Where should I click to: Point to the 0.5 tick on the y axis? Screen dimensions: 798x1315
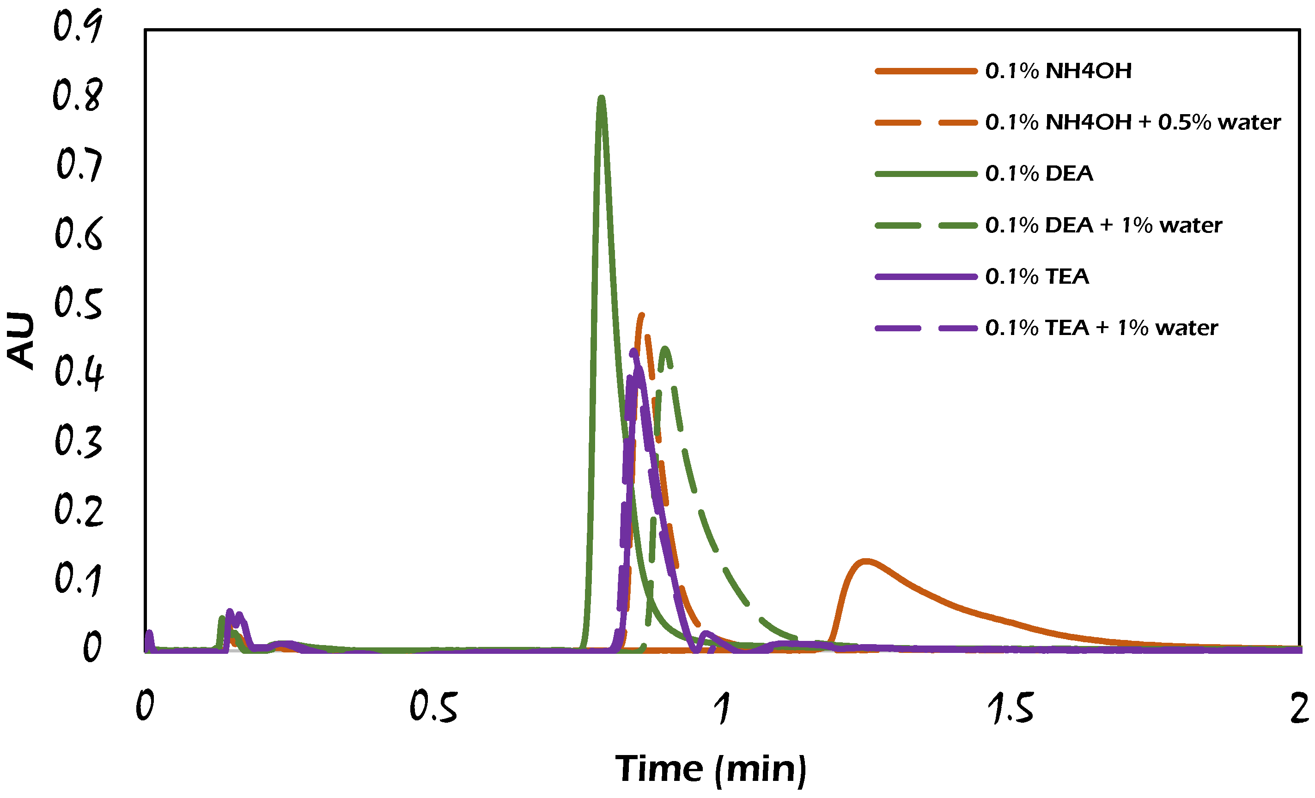pos(78,303)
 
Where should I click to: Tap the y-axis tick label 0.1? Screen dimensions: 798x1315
pos(78,579)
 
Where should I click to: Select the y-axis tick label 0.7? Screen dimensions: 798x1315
pos(79,165)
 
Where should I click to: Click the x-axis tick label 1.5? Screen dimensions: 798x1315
pos(1010,708)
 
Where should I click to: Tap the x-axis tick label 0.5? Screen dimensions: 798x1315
pos(433,708)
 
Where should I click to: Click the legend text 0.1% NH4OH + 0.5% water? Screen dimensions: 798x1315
pos(1132,122)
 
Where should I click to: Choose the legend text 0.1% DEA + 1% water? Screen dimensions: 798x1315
pos(1103,225)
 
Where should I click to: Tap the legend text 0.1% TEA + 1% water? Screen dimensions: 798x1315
pos(1101,328)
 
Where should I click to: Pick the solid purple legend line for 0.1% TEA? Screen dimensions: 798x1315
pos(926,276)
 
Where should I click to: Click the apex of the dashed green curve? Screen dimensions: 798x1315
pos(665,348)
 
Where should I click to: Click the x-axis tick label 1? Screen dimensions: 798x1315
pos(722,708)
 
